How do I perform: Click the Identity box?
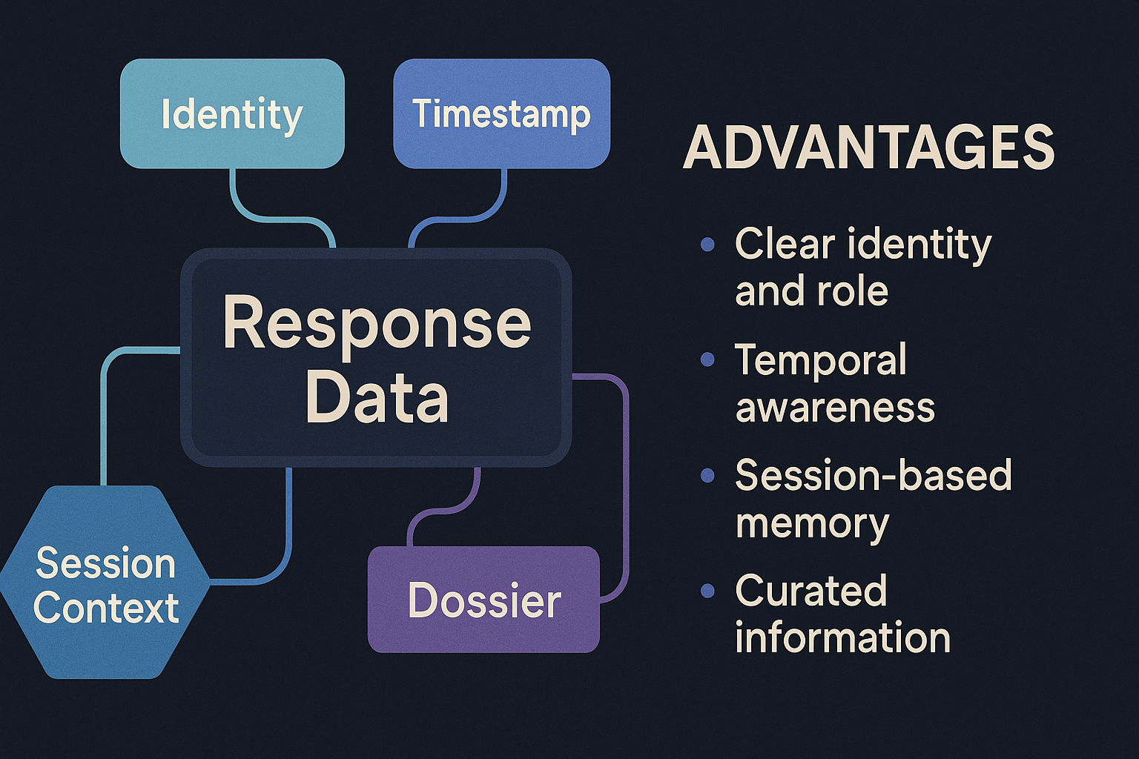232,113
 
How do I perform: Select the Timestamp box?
502,113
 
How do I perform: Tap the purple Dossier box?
483,600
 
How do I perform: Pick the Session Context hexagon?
105,582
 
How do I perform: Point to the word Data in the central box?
377,396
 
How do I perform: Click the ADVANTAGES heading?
868,148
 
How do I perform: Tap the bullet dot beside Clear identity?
707,245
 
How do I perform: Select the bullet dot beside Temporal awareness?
707,360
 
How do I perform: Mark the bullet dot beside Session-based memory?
707,475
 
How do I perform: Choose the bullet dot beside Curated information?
707,591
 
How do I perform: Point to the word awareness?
835,407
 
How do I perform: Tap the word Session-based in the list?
874,475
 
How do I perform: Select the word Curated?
811,590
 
